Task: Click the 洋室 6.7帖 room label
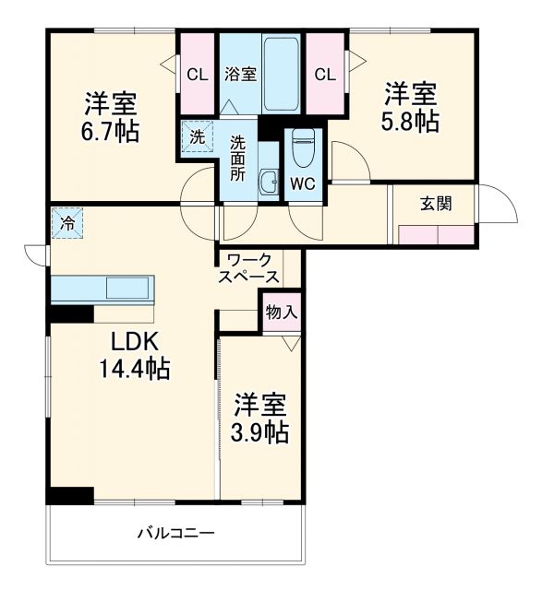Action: coord(114,115)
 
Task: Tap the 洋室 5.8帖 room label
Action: coord(411,106)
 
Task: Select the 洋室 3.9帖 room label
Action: coord(260,418)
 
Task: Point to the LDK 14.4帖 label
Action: coord(134,354)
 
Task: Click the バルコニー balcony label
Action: coord(176,533)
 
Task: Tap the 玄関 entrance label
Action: coord(436,204)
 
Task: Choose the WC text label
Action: coord(303,183)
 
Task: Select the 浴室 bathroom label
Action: coord(240,75)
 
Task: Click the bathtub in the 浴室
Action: coord(283,74)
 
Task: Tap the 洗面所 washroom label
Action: coord(238,158)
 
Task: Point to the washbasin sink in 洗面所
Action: coord(268,183)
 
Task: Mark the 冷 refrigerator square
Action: coord(67,222)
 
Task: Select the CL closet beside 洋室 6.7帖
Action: coord(197,75)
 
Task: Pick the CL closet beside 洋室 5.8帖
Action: coord(324,75)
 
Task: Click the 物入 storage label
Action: coord(281,313)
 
